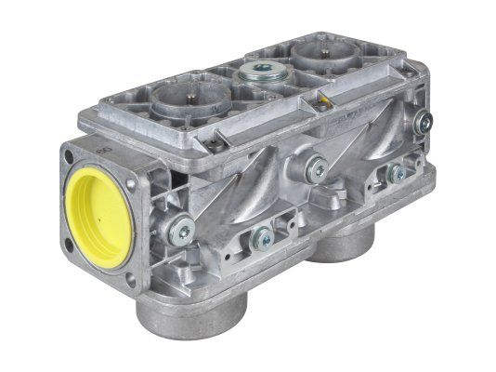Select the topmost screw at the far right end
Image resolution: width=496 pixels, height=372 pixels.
click(x=423, y=116)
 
